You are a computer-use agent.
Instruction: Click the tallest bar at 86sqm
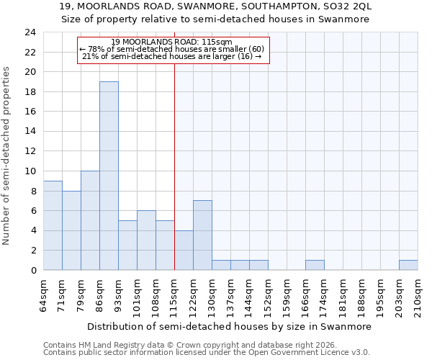pyautogui.click(x=109, y=176)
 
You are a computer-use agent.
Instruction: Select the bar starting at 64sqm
pyautogui.click(x=53, y=225)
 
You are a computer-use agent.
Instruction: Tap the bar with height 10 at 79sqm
pyautogui.click(x=90, y=220)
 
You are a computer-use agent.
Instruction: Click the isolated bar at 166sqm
pyautogui.click(x=315, y=265)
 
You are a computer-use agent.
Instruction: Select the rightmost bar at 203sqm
pyautogui.click(x=408, y=265)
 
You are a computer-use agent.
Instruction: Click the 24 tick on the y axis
pyautogui.click(x=30, y=32)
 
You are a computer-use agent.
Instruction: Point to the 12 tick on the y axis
pyautogui.click(x=30, y=151)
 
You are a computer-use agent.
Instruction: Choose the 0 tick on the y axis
pyautogui.click(x=32, y=271)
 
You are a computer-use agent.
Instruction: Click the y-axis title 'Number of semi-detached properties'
pyautogui.click(x=7, y=156)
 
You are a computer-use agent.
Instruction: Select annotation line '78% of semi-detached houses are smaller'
pyautogui.click(x=172, y=49)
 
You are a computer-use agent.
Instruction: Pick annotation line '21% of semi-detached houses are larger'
pyautogui.click(x=172, y=56)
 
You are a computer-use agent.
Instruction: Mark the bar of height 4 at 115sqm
pyautogui.click(x=184, y=250)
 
